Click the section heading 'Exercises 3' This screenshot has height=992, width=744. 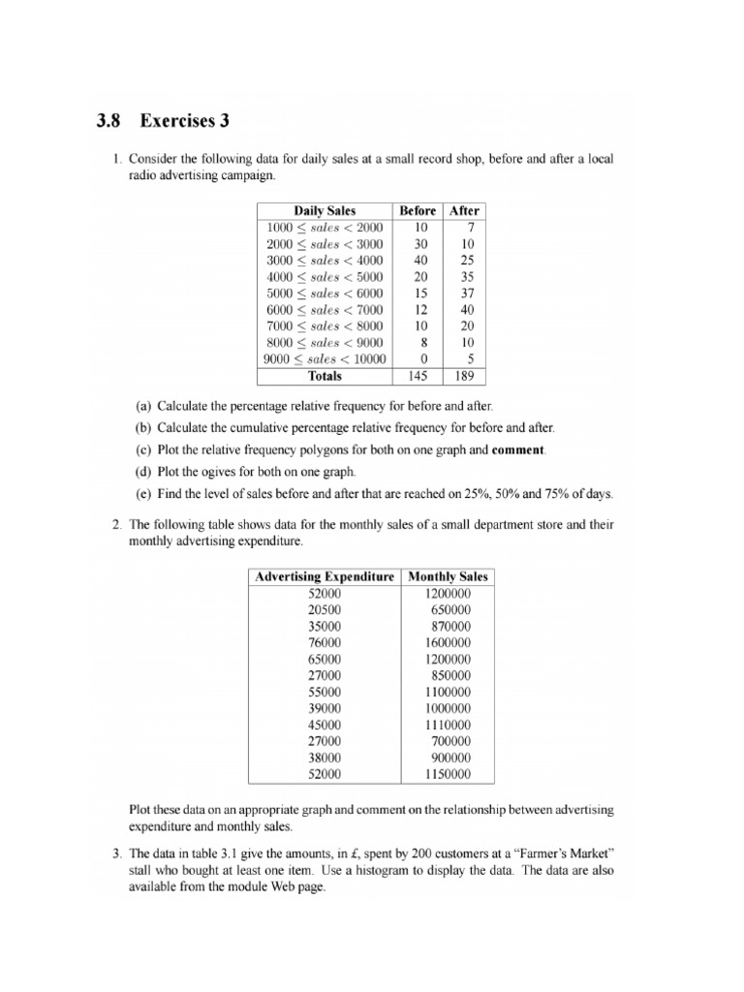pyautogui.click(x=185, y=121)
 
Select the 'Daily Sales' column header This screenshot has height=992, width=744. pyautogui.click(x=324, y=210)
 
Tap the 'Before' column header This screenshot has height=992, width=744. pyautogui.click(x=417, y=210)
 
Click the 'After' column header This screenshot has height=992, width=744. pyautogui.click(x=464, y=210)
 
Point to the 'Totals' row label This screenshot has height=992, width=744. pyautogui.click(x=324, y=376)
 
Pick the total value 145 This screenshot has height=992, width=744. pyautogui.click(x=417, y=376)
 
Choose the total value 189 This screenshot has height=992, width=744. pyautogui.click(x=465, y=376)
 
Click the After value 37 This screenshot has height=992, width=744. pyautogui.click(x=466, y=293)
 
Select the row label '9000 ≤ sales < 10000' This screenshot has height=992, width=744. pyautogui.click(x=324, y=358)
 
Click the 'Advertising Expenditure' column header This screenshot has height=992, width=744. pyautogui.click(x=324, y=576)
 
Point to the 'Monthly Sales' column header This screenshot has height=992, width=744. pyautogui.click(x=448, y=576)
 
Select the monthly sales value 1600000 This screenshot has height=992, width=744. pyautogui.click(x=448, y=642)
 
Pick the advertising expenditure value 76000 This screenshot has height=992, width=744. pyautogui.click(x=324, y=642)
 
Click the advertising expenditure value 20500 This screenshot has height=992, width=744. pyautogui.click(x=324, y=609)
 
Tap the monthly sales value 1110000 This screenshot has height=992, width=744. pyautogui.click(x=448, y=725)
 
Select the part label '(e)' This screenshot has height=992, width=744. pyautogui.click(x=143, y=494)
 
